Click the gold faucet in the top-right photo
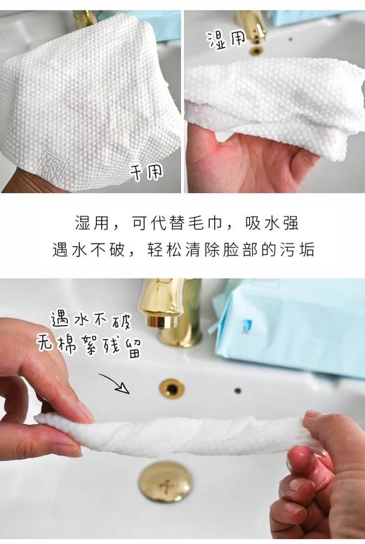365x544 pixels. click(251, 27)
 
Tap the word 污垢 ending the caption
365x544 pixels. click(297, 250)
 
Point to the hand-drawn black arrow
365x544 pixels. click(114, 383)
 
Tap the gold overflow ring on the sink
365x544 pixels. click(171, 388)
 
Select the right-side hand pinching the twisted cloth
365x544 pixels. click(323, 477)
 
